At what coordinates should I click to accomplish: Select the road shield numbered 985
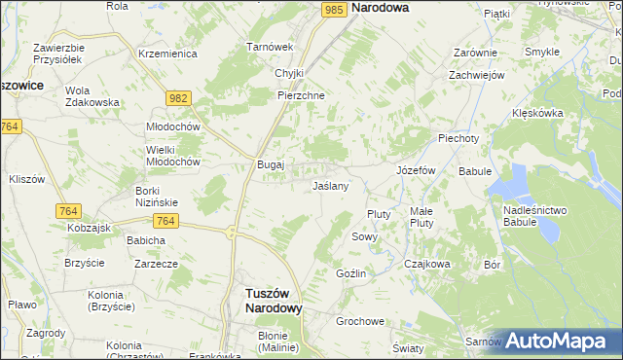pyautogui.click(x=335, y=9)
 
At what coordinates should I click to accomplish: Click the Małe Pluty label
pyautogui.click(x=421, y=217)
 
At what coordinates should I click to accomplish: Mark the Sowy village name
pyautogui.click(x=364, y=236)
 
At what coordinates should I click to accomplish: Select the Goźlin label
pyautogui.click(x=350, y=273)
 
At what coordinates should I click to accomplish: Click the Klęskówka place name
pyautogui.click(x=537, y=113)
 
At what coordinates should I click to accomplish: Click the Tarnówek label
pyautogui.click(x=270, y=47)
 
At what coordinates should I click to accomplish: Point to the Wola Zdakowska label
pyautogui.click(x=92, y=96)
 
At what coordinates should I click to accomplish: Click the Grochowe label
pyautogui.click(x=360, y=321)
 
